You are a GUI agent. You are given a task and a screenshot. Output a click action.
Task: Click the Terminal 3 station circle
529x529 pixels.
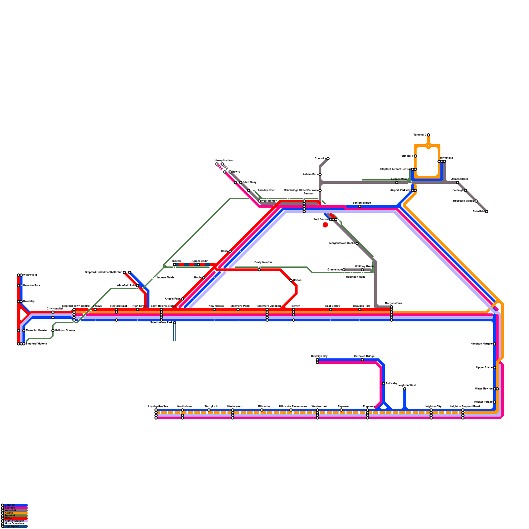[x=428, y=135]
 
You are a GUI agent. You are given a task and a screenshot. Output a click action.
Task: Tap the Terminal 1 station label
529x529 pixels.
[x=406, y=156]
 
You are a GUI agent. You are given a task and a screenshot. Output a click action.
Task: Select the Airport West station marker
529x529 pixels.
[x=397, y=183]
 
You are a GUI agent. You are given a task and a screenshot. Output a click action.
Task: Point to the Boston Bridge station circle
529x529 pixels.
[x=360, y=206]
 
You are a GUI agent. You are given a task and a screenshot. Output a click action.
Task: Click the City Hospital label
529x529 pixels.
[x=55, y=308]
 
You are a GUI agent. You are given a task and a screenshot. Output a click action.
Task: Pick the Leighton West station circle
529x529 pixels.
[x=405, y=389]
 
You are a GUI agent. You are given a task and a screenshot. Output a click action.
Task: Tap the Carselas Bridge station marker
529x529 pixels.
[x=362, y=360]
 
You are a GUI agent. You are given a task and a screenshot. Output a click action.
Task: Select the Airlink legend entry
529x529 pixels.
[x=9, y=513]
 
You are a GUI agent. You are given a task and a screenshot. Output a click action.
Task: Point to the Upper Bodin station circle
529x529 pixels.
[x=198, y=264]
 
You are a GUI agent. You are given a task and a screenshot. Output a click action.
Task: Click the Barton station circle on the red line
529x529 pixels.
[x=291, y=280]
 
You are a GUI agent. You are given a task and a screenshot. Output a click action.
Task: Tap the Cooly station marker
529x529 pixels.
[x=230, y=251]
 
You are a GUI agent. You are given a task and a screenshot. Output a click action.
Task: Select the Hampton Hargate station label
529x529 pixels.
[x=481, y=344]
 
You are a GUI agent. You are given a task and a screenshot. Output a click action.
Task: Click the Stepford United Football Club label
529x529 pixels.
[x=103, y=272]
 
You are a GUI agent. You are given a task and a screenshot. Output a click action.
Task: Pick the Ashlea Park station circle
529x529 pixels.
[x=320, y=175]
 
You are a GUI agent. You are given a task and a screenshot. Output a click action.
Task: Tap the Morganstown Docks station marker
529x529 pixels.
[x=357, y=243]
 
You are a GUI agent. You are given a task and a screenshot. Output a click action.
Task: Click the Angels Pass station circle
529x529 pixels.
[x=183, y=299]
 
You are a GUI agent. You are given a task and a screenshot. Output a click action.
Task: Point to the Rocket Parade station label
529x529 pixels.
[x=483, y=402]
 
